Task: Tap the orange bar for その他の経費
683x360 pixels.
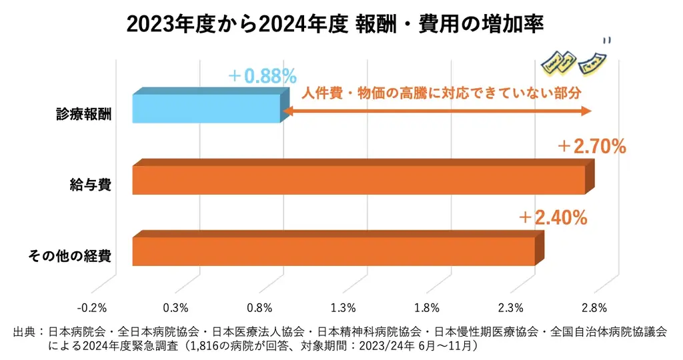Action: click(x=333, y=251)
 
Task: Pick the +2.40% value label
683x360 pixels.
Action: click(x=553, y=217)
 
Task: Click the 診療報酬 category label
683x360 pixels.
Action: click(x=84, y=114)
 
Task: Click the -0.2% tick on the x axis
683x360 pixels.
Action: click(x=92, y=308)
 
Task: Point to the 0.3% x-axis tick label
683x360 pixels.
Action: click(x=175, y=308)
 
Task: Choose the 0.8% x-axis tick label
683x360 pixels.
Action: click(x=259, y=308)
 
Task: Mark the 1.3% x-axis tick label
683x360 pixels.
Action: click(x=343, y=308)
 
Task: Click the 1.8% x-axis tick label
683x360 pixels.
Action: click(x=426, y=308)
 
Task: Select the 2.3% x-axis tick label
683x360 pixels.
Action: click(x=510, y=308)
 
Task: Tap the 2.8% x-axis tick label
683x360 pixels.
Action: click(x=594, y=308)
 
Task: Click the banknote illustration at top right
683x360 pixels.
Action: click(x=574, y=61)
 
